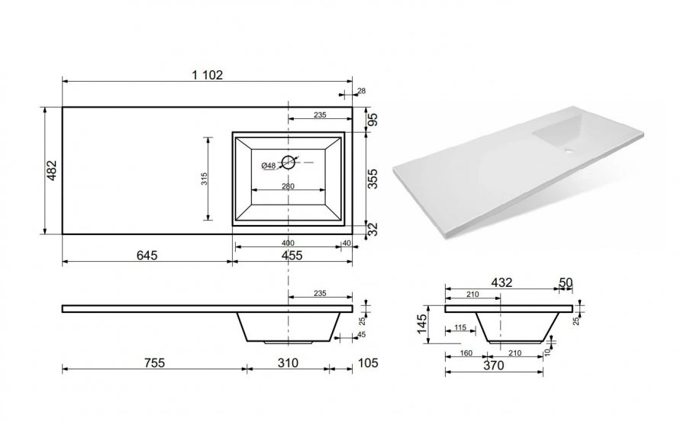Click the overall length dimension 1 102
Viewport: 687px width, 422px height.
point(207,75)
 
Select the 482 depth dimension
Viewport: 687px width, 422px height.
point(52,170)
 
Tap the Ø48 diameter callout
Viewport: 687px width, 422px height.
point(268,166)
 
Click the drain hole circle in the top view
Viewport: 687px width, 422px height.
point(288,162)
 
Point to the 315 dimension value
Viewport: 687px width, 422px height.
point(204,179)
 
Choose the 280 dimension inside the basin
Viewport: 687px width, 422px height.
point(288,186)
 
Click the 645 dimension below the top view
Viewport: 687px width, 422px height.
point(147,255)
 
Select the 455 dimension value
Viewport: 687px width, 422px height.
point(292,255)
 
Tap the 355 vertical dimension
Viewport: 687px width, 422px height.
point(372,179)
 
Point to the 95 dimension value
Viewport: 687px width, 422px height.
point(372,120)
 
